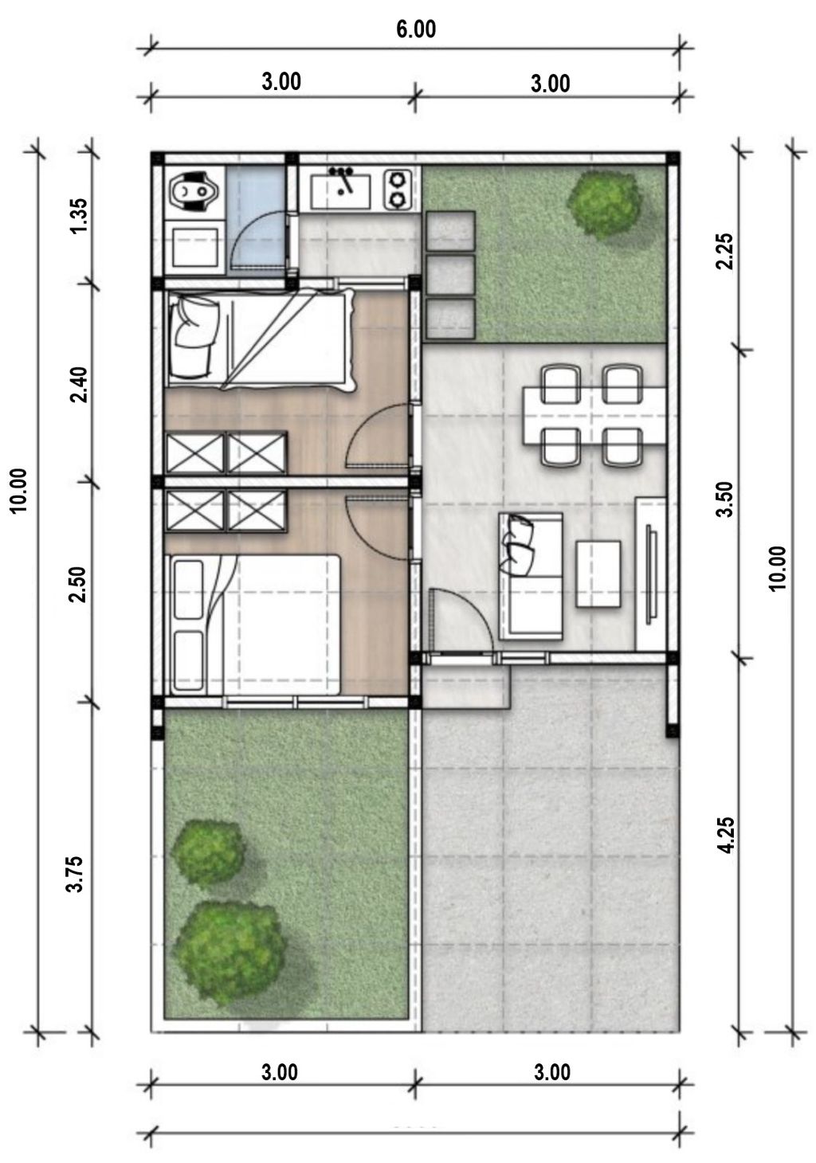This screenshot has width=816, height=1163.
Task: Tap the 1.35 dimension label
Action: click(x=80, y=215)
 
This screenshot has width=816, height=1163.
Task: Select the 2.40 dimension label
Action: click(x=80, y=385)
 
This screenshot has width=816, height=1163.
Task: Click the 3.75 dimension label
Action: click(x=76, y=874)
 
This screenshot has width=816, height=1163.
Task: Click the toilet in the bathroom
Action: click(x=191, y=191)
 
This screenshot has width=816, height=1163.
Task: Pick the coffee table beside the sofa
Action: click(x=598, y=574)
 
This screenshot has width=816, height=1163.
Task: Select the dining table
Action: click(x=594, y=415)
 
